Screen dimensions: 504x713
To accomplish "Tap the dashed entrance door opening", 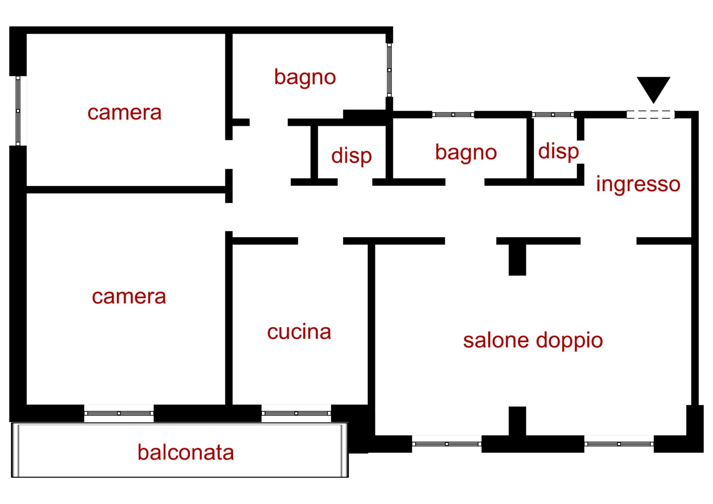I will tap(650, 115).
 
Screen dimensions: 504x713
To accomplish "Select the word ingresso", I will tap(638, 184).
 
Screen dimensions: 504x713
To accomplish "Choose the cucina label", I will tap(299, 332).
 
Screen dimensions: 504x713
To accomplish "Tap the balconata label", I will tap(186, 452).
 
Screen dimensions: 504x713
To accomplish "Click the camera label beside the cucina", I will tap(129, 297).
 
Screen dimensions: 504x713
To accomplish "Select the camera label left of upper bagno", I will tap(124, 112).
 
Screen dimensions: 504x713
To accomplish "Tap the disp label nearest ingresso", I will tap(558, 152).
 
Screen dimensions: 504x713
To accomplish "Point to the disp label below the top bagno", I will tap(351, 156).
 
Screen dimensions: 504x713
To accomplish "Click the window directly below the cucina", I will tap(296, 413).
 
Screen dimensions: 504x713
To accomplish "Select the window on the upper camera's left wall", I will tap(18, 111).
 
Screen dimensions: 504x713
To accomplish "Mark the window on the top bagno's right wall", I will tap(389, 70).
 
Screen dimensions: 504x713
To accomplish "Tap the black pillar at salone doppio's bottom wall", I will tap(517, 421).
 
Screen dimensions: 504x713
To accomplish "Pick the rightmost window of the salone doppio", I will tap(619, 444).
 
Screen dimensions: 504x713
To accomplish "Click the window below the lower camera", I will tap(119, 413).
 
